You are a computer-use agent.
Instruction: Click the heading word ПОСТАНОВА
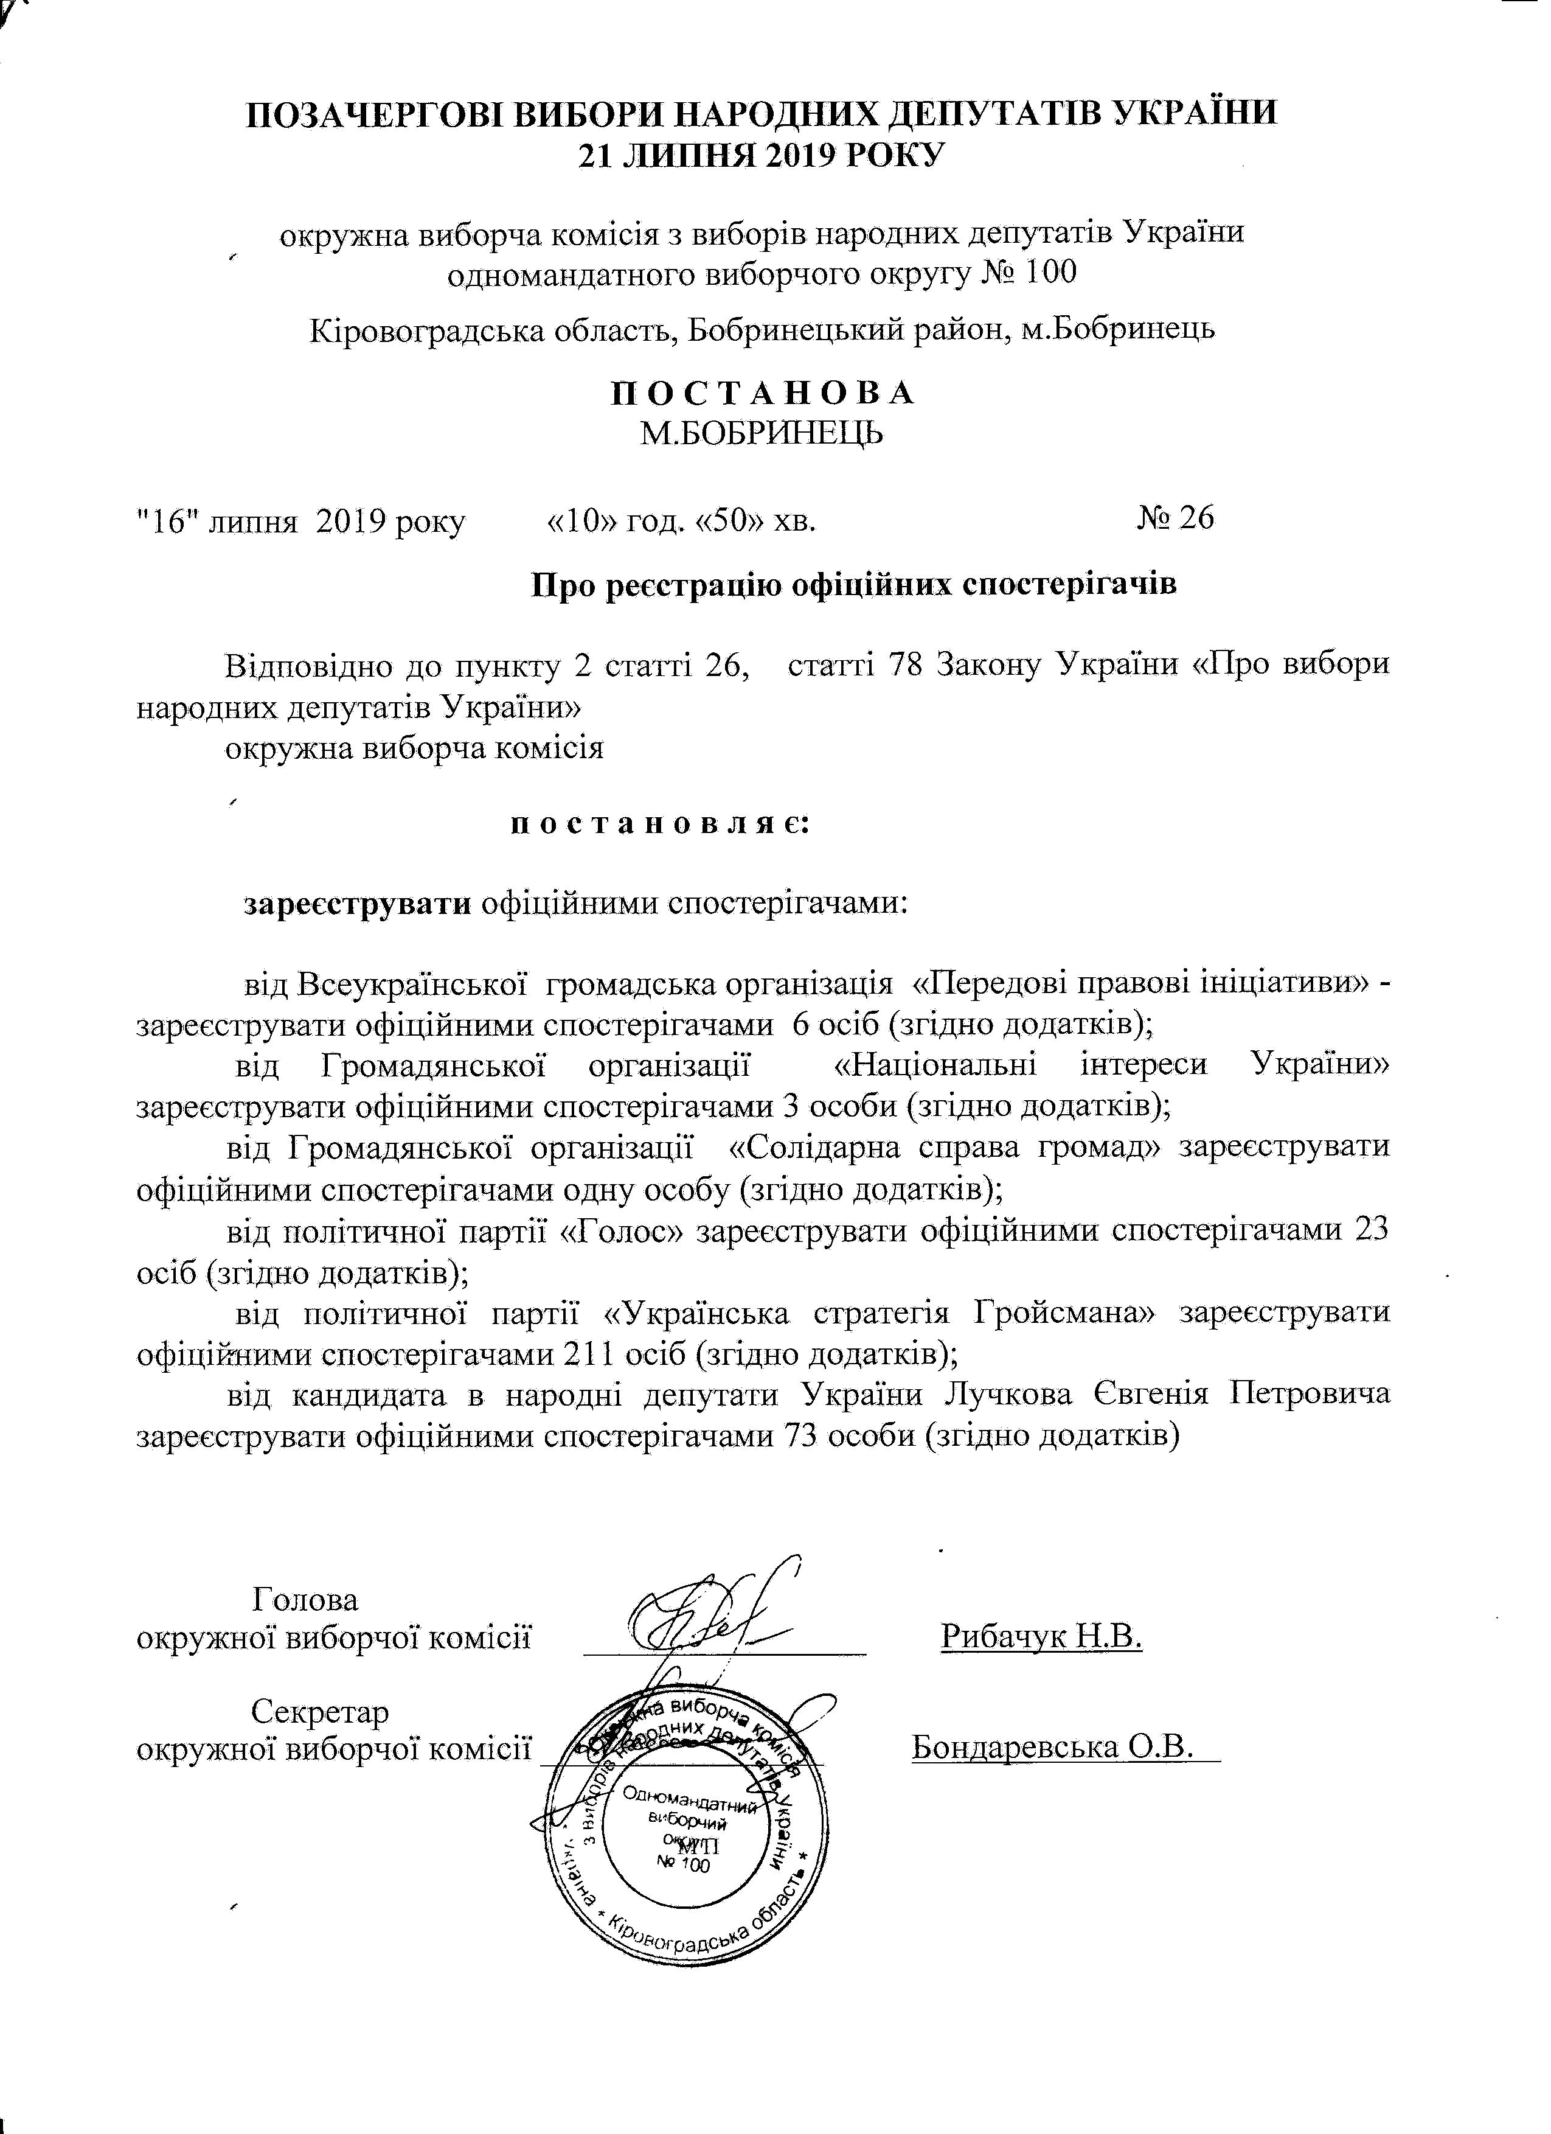[x=762, y=393]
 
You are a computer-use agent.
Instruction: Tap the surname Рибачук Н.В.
[x=1041, y=1637]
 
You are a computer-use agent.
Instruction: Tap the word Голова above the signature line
[x=306, y=1600]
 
